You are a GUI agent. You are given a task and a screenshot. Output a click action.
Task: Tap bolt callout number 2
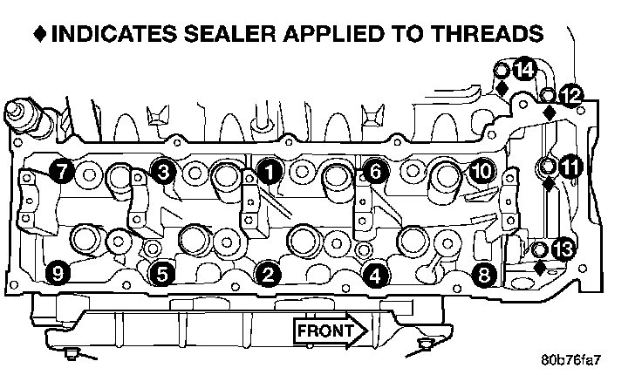pyautogui.click(x=268, y=275)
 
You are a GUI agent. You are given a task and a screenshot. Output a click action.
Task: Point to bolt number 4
pyautogui.click(x=375, y=275)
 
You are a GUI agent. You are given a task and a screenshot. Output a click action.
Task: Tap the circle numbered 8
pyautogui.click(x=485, y=275)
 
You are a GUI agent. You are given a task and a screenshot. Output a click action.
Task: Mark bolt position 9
pyautogui.click(x=58, y=275)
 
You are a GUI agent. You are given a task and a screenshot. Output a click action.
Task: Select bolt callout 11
pyautogui.click(x=570, y=165)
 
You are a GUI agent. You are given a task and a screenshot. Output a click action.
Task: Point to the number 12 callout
pyautogui.click(x=571, y=95)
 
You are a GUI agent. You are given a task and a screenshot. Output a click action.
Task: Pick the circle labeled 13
pyautogui.click(x=563, y=250)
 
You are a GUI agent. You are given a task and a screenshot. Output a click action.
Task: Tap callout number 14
pyautogui.click(x=524, y=69)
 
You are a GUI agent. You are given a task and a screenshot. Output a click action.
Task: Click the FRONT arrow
pyautogui.click(x=331, y=331)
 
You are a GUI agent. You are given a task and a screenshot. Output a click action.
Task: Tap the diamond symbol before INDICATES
pyautogui.click(x=40, y=35)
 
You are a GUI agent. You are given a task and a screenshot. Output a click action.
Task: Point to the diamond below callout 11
pyautogui.click(x=549, y=185)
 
